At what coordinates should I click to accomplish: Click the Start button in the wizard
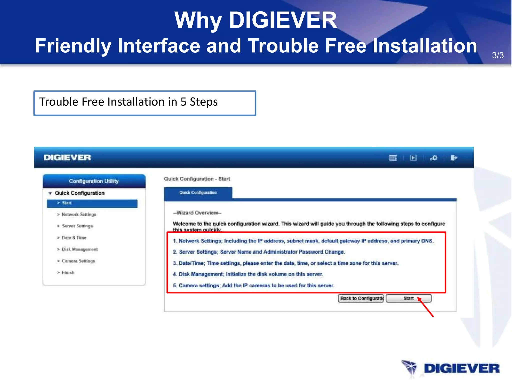(x=408, y=298)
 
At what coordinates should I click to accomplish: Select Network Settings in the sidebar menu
(x=79, y=214)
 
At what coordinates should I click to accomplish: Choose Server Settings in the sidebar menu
(x=77, y=226)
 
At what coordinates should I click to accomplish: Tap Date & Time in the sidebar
(x=74, y=238)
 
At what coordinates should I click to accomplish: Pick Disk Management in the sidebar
(x=80, y=249)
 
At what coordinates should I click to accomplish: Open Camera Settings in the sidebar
(x=78, y=261)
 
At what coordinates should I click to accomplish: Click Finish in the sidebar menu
(x=68, y=273)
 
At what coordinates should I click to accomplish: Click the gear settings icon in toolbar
(x=434, y=158)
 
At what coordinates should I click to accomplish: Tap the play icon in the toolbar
(x=413, y=158)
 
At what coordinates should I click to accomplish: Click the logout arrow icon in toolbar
(x=454, y=158)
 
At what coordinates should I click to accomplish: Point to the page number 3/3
(x=498, y=55)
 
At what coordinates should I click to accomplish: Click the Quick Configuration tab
(x=198, y=193)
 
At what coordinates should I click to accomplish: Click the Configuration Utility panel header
(x=94, y=181)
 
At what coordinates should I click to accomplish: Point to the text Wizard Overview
(x=197, y=213)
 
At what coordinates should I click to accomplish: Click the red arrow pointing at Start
(x=426, y=308)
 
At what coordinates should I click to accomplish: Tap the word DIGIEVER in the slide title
(x=283, y=20)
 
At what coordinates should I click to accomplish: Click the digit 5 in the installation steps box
(x=183, y=102)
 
